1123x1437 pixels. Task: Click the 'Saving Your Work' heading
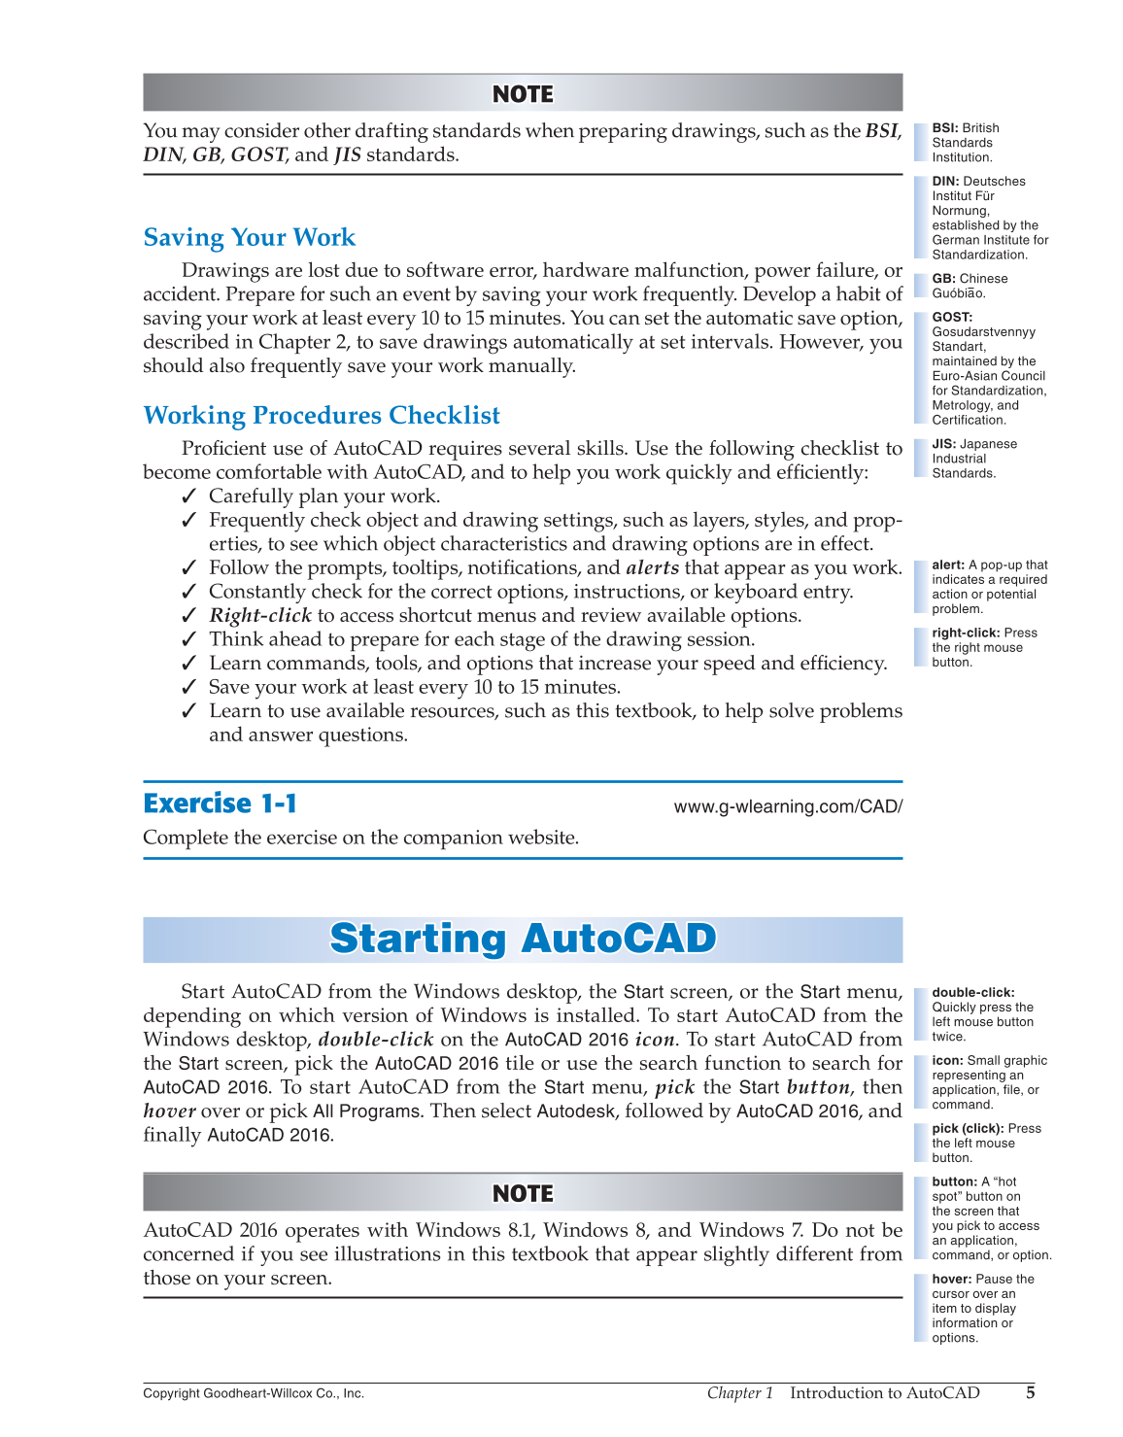coord(249,238)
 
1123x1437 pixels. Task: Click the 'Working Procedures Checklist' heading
coord(322,416)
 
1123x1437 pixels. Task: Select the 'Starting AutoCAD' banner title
coord(523,939)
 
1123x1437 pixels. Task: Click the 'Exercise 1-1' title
coord(220,804)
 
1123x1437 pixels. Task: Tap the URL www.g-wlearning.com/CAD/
coord(788,806)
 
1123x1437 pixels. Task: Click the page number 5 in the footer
coord(1030,1392)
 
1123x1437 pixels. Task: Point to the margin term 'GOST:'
coord(952,317)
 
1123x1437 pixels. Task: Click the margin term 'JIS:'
coord(944,444)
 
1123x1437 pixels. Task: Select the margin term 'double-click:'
coord(972,992)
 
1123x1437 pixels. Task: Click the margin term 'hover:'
coord(951,1279)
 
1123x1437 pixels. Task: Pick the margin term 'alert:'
coord(948,565)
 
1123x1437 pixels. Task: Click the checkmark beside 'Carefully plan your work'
coord(189,496)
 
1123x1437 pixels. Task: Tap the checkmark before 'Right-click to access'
coord(189,616)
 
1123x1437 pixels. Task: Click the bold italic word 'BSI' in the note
coord(881,131)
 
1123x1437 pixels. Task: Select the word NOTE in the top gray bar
coord(523,94)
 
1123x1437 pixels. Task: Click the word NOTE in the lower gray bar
coord(523,1193)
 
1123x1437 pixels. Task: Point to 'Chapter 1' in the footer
coord(739,1392)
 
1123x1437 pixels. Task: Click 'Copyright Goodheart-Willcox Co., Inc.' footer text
coord(254,1393)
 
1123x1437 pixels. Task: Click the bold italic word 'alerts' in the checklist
coord(652,568)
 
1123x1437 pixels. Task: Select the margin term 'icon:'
coord(947,1060)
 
